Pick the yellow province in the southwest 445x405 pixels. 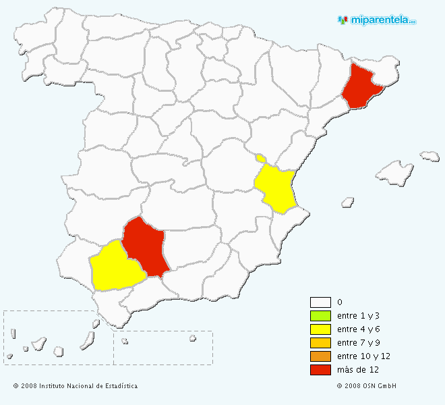coord(115,268)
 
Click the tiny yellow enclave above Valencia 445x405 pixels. coord(260,159)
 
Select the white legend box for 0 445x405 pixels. coord(320,302)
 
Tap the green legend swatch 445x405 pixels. coord(320,316)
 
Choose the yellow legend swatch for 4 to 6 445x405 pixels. coord(320,329)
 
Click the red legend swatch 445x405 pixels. coord(320,370)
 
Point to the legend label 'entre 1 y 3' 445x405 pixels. coord(359,316)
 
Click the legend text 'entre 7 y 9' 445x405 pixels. coord(359,343)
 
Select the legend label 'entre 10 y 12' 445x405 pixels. coord(363,356)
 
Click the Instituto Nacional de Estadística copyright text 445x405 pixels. coord(76,386)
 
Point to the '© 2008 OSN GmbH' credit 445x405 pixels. coord(366,386)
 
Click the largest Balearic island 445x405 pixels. coord(394,173)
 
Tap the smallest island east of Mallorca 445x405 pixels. coord(429,156)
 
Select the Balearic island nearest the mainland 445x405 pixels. coord(348,201)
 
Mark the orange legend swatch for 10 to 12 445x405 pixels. coord(320,356)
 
